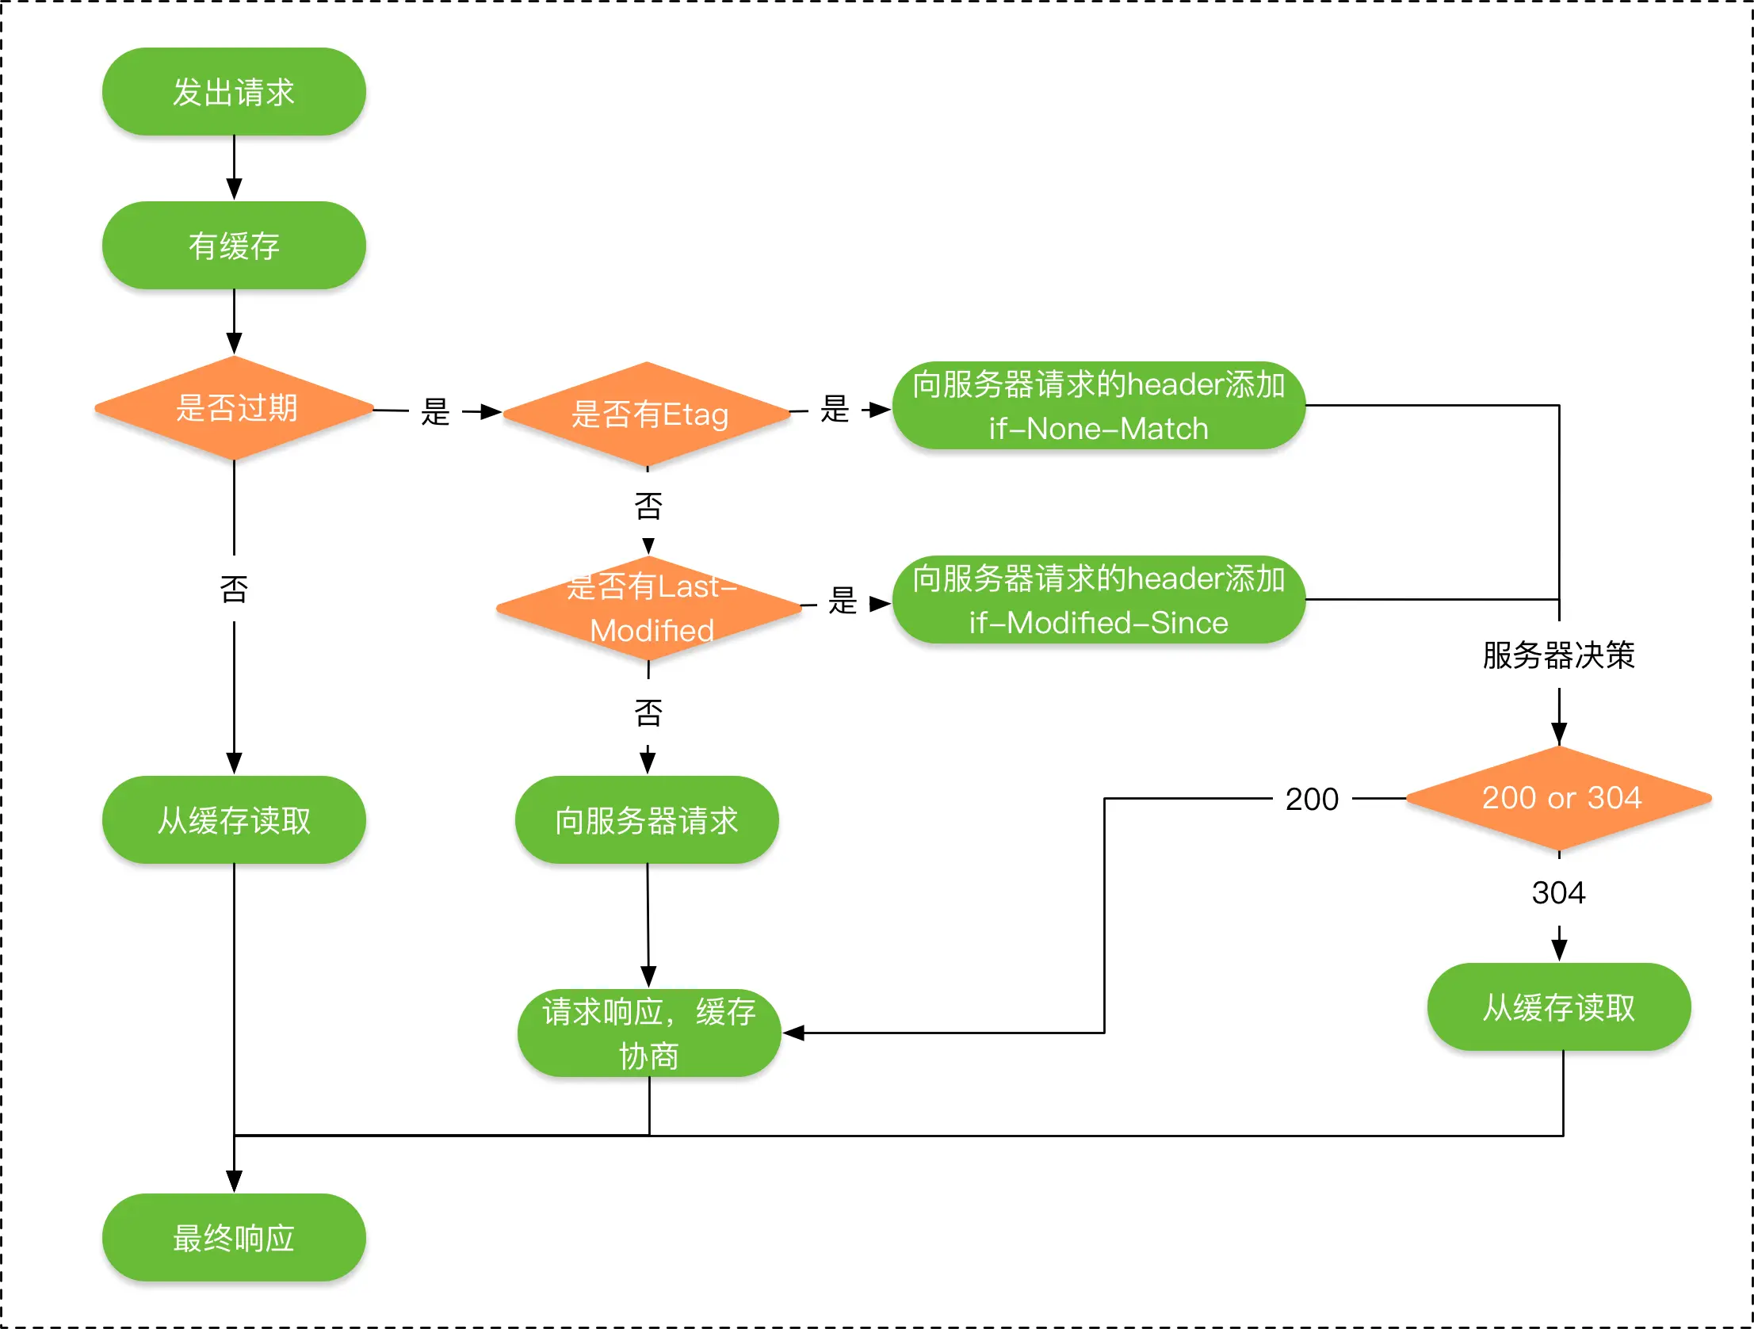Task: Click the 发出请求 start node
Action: click(234, 91)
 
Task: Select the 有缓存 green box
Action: click(234, 245)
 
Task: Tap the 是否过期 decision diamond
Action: click(234, 408)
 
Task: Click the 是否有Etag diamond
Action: click(647, 413)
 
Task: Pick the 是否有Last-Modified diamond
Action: click(648, 608)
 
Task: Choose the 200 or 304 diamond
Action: click(1559, 799)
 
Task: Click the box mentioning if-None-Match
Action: click(1099, 406)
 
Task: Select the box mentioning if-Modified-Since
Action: click(1099, 599)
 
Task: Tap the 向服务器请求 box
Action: click(647, 820)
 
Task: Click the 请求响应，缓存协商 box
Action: click(649, 1033)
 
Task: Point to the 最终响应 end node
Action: click(234, 1237)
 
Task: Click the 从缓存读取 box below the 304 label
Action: click(1559, 1007)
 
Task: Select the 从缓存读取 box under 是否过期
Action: click(234, 820)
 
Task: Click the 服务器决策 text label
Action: click(1559, 655)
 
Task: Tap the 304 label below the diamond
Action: click(1559, 893)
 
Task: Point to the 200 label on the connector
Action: click(1313, 800)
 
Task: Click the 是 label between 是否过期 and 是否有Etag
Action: click(435, 411)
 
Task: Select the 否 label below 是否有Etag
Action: click(648, 506)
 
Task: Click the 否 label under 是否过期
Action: click(234, 589)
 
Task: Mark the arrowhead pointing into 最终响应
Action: click(234, 1182)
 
